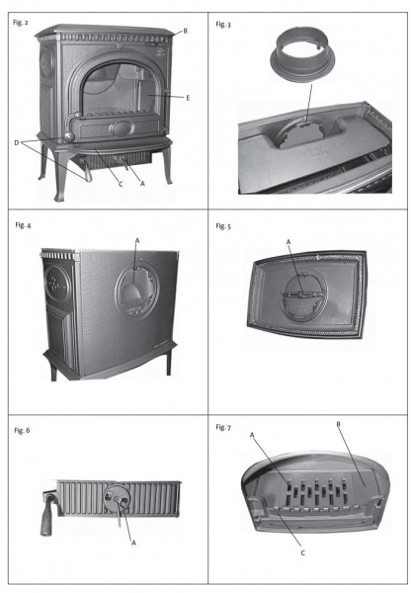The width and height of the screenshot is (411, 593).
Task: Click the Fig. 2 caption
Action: point(21,23)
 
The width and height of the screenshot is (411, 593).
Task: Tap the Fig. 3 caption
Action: point(223,25)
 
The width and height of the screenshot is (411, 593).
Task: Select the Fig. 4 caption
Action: point(23,225)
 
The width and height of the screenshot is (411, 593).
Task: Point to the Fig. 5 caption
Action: point(223,226)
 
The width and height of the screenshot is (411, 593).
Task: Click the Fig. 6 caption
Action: point(22,430)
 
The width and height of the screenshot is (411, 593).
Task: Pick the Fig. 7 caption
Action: point(223,427)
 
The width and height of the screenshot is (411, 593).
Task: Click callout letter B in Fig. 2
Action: point(186,31)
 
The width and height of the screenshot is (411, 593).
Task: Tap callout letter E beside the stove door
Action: point(188,98)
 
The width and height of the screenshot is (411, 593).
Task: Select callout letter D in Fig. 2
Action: point(17,143)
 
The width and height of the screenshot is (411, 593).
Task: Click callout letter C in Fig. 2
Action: point(121,184)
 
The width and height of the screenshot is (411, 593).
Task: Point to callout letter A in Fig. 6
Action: point(133,543)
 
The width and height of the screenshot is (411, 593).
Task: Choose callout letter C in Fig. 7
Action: point(303,552)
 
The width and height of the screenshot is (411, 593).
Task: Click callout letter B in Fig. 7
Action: point(339,424)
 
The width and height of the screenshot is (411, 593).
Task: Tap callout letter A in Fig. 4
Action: point(137,240)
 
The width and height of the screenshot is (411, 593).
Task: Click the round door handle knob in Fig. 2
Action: point(69,136)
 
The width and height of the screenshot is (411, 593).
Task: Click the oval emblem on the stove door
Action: point(122,128)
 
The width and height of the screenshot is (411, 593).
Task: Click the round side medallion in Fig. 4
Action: point(57,284)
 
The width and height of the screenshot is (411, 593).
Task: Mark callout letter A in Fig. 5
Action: point(288,242)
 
